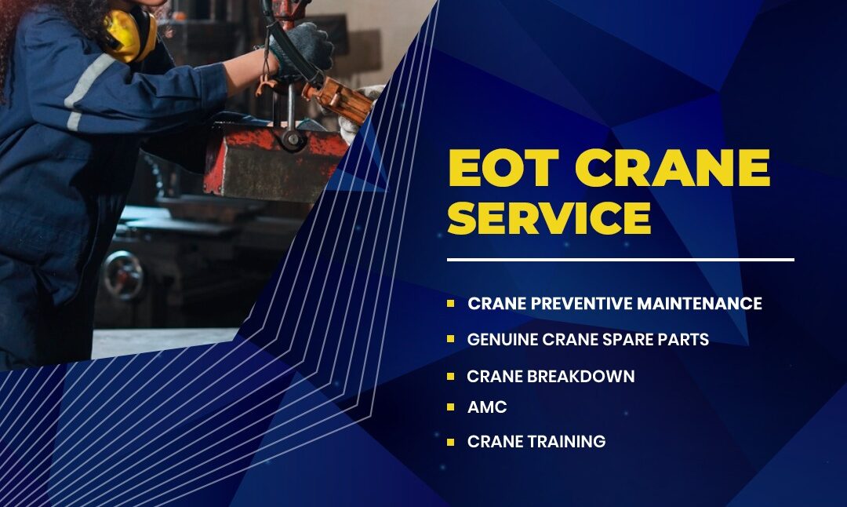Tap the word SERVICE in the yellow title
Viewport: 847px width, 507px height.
[549, 217]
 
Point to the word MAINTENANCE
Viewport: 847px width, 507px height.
[700, 303]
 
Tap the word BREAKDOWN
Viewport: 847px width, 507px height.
[581, 376]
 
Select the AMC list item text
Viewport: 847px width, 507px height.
[487, 407]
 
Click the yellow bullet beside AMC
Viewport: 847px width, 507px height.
[450, 407]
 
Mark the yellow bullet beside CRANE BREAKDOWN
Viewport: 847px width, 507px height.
[450, 376]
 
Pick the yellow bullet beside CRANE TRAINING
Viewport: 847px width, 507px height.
[450, 442]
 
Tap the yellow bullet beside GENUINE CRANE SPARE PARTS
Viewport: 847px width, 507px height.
[450, 340]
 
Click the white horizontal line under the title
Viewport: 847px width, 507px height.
[620, 260]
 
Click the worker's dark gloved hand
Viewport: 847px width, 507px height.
[303, 49]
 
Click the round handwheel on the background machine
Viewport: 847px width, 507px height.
[123, 275]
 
